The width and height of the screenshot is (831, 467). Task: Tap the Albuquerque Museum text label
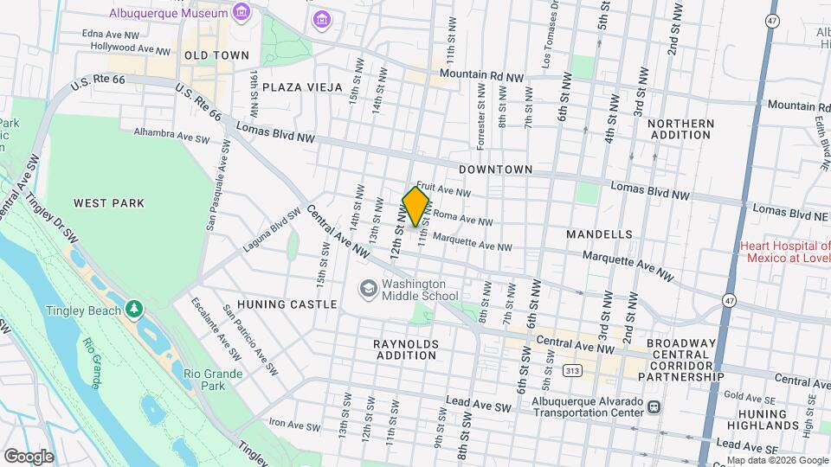(x=169, y=13)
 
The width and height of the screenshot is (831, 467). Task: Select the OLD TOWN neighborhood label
(x=204, y=54)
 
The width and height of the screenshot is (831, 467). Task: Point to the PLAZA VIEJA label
(x=302, y=87)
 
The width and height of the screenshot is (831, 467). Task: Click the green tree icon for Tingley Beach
(x=133, y=309)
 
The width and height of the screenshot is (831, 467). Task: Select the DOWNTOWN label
(x=495, y=170)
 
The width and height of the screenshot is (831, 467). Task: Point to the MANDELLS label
(x=599, y=234)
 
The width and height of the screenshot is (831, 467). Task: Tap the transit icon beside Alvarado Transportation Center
(x=654, y=406)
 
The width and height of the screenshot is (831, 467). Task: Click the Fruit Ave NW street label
(x=443, y=189)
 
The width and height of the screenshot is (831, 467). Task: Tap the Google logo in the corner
(x=29, y=456)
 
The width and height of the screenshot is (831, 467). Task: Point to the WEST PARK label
(x=109, y=203)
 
